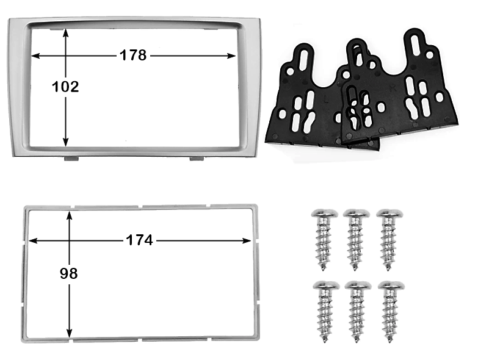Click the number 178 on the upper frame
(133, 55)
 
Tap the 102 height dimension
(65, 87)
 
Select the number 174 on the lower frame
(139, 240)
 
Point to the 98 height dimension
(68, 273)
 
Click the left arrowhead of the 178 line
(35, 56)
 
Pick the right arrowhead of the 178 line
(232, 56)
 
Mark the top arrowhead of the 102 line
(65, 33)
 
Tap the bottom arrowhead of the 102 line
(65, 142)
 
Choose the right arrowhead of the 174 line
(247, 240)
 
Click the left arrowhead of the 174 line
(33, 240)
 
